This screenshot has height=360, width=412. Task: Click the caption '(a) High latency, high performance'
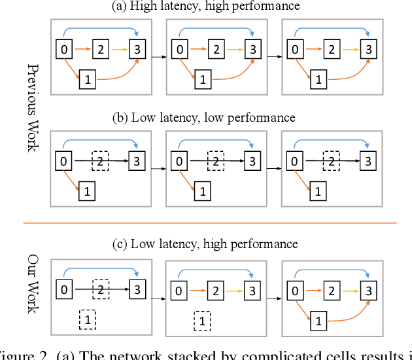pos(206,6)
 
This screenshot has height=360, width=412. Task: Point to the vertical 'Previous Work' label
pos(31,108)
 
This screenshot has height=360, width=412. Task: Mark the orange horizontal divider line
pos(209,223)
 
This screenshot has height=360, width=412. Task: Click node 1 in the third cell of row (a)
pos(318,80)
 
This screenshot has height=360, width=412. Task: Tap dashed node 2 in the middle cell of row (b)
pos(215,160)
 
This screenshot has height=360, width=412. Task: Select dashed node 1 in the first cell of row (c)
pos(88,320)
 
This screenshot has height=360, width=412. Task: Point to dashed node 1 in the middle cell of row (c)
pos(203,320)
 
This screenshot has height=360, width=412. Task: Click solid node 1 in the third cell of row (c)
pos(318,320)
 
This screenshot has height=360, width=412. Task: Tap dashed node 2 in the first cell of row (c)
pos(100,289)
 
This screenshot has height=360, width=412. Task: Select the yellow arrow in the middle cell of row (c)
pos(235,289)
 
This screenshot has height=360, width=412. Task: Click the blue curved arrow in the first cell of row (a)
pos(98,29)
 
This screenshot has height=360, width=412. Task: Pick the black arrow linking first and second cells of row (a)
pos(158,58)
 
